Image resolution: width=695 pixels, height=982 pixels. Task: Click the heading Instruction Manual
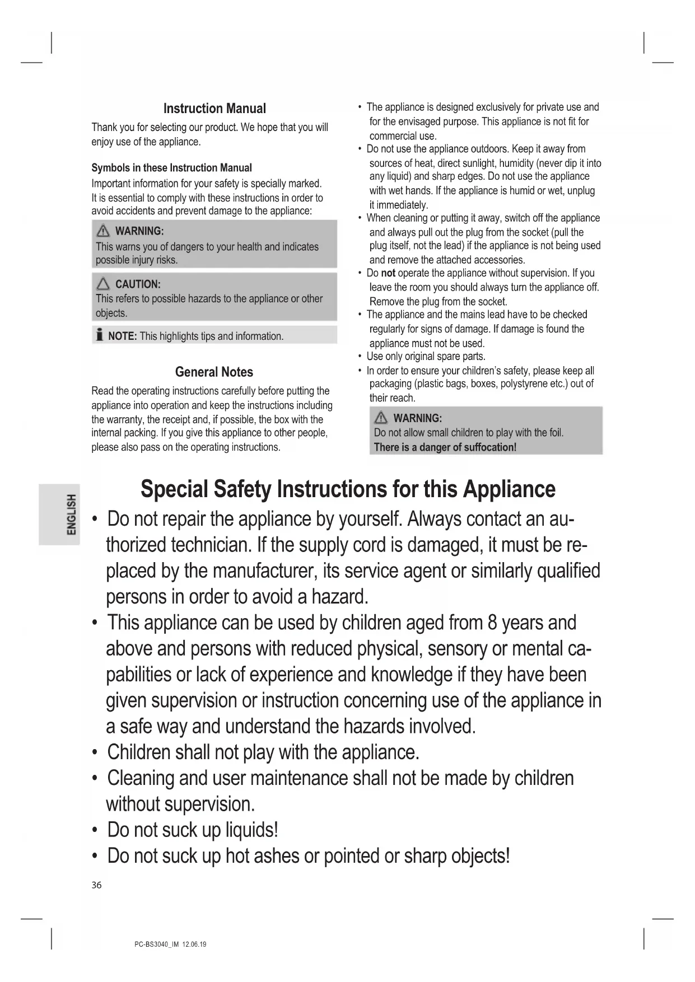[x=214, y=109]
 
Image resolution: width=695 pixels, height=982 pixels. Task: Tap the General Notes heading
[x=214, y=372]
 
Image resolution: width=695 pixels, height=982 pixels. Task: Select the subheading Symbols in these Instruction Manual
[x=171, y=168]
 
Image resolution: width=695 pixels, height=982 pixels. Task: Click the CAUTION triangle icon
[x=103, y=284]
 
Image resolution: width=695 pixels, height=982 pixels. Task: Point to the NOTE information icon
[x=99, y=335]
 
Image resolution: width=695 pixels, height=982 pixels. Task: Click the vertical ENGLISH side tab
[x=71, y=514]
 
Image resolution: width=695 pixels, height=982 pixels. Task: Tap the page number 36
[x=97, y=885]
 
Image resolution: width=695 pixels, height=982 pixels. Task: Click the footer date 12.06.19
[x=194, y=944]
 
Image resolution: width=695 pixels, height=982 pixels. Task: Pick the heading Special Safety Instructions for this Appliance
[x=348, y=489]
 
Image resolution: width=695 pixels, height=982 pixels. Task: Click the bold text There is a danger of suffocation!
[x=445, y=447]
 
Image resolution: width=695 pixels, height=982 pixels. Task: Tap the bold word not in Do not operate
[x=388, y=273]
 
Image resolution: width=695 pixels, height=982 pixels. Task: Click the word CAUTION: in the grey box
[x=138, y=284]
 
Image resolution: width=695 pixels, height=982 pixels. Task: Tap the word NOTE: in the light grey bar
[x=122, y=336]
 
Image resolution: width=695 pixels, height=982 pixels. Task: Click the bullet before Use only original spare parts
[x=359, y=357]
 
